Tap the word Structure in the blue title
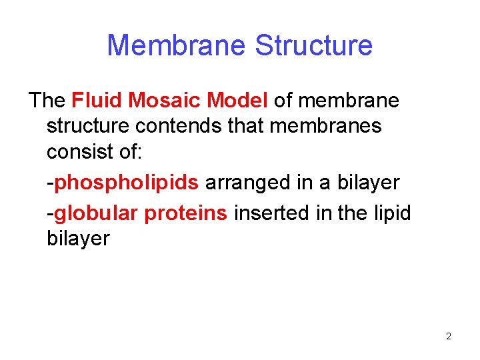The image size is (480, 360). [x=313, y=45]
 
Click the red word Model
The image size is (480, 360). [x=238, y=101]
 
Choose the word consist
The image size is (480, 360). [x=80, y=151]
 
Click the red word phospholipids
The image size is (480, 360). [x=126, y=183]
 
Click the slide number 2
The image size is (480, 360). [x=449, y=336]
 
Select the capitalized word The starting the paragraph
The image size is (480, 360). [x=47, y=101]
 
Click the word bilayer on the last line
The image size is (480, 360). [x=78, y=239]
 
